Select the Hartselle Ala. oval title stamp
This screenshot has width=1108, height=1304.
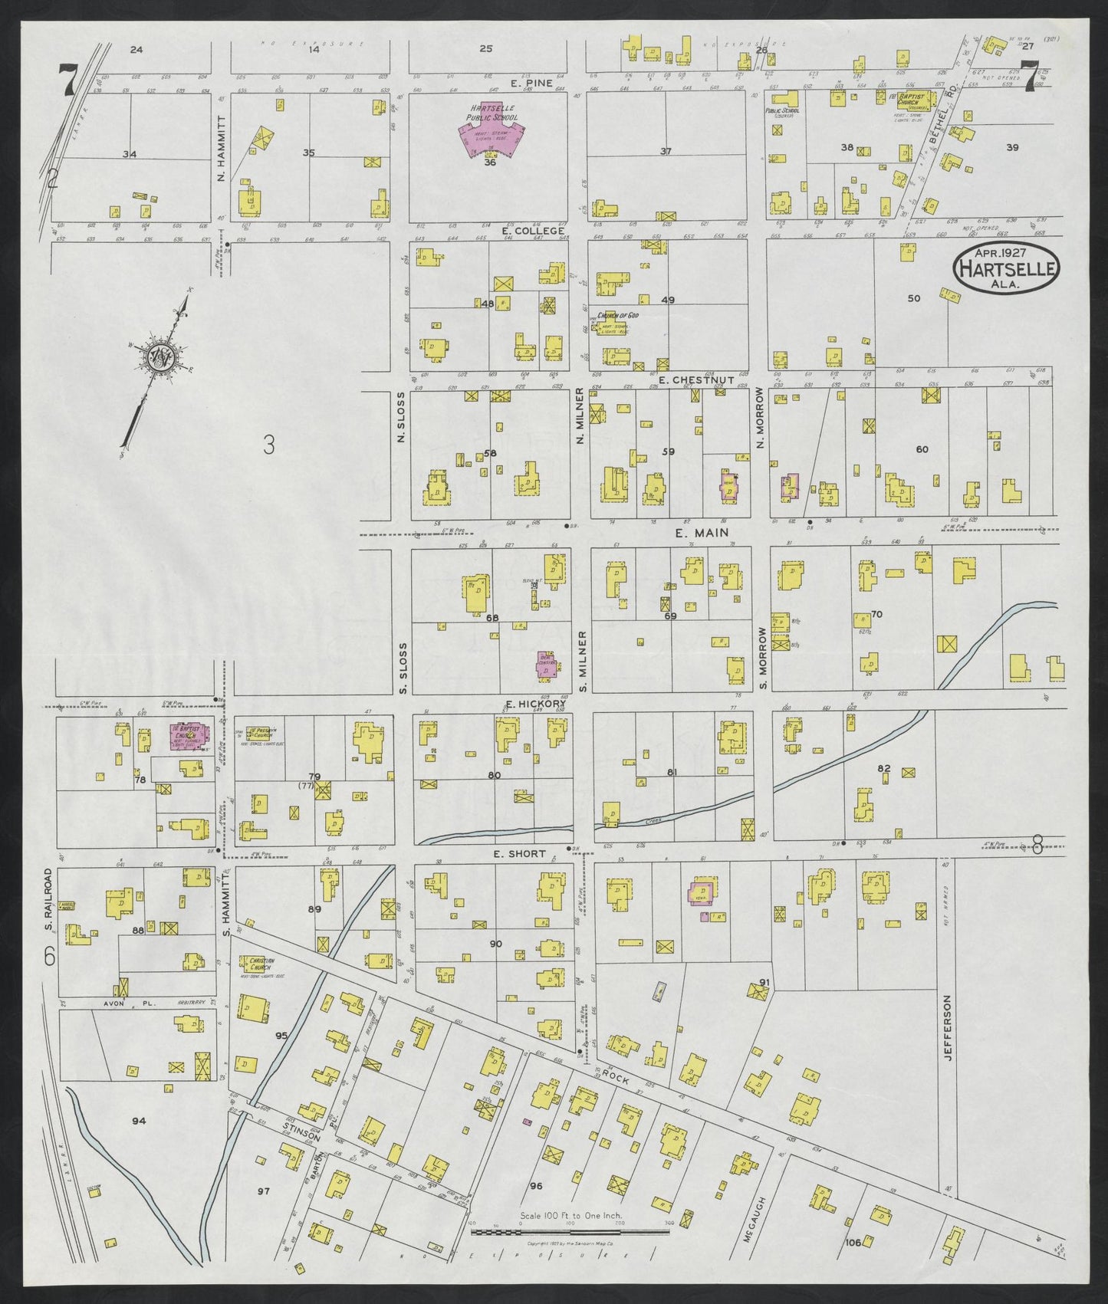1005,268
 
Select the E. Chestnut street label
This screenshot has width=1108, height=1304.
697,380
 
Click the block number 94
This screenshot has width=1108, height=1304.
138,1122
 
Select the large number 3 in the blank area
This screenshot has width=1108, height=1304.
268,446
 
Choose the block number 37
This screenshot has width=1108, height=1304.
666,152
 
